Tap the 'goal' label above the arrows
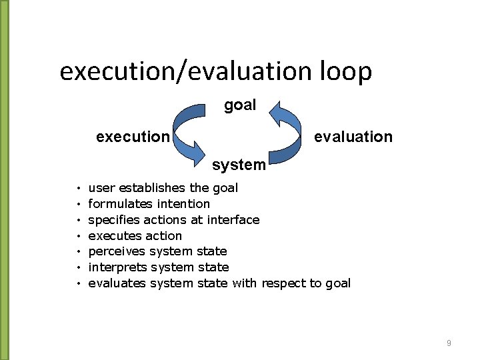click(x=240, y=105)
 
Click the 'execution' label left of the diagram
click(x=133, y=137)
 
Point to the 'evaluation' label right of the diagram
click(x=353, y=137)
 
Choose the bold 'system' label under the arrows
click(x=239, y=164)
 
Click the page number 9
click(x=449, y=343)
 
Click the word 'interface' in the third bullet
click(x=233, y=220)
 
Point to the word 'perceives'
click(x=117, y=251)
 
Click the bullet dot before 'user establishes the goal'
click(x=78, y=189)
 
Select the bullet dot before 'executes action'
click(x=78, y=237)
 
